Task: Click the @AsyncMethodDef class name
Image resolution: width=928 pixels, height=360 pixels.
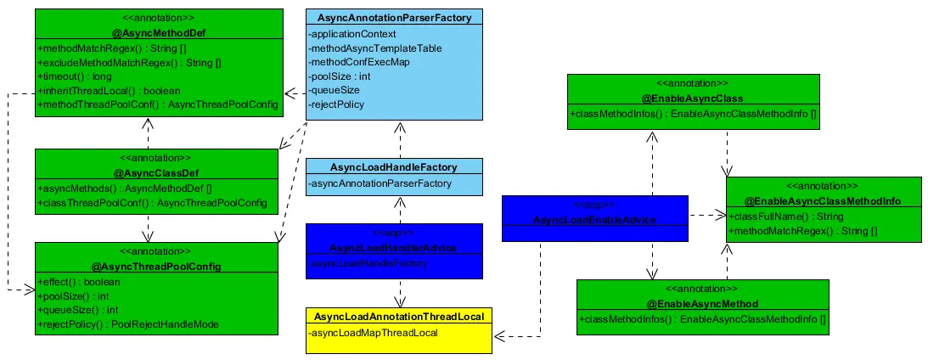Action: tap(148, 32)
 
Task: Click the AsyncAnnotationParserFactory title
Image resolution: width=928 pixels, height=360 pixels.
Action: tap(394, 17)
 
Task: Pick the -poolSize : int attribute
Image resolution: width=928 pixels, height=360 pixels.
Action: tap(340, 76)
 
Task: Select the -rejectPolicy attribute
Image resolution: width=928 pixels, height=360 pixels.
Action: tap(338, 104)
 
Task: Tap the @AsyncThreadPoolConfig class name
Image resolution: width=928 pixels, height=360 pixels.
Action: tap(155, 267)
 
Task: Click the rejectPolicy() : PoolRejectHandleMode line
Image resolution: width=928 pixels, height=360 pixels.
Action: tap(127, 324)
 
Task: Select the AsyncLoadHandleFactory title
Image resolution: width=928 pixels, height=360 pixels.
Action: tap(394, 167)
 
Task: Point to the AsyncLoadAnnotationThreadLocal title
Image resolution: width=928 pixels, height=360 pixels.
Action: tap(398, 316)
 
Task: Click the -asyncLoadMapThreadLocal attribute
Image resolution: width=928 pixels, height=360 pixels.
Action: tap(374, 333)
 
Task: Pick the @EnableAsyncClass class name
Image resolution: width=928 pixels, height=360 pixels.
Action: tap(693, 98)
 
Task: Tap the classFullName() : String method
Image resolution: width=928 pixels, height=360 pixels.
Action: tap(780, 217)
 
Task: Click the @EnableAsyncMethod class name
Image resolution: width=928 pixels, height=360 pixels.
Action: tap(702, 303)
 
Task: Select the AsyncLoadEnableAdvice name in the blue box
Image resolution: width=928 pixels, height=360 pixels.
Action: tap(593, 221)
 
